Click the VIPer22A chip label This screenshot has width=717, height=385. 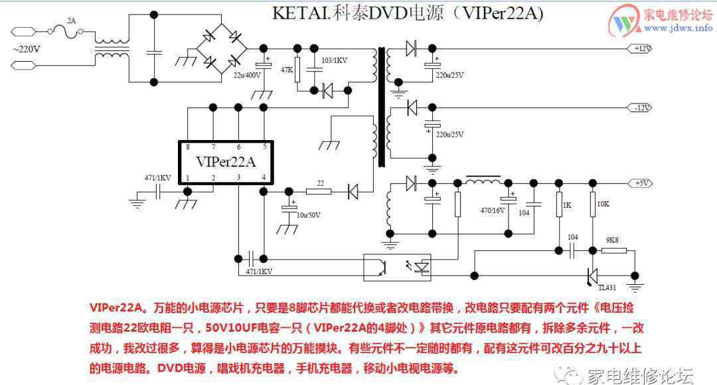tap(226, 161)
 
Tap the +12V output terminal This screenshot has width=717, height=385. tap(641, 48)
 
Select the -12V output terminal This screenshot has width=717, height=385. tap(641, 108)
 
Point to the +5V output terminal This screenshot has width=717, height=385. tap(641, 183)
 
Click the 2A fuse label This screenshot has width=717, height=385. tap(72, 21)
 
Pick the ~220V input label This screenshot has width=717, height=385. tap(27, 48)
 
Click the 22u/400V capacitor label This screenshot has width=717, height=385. tap(248, 75)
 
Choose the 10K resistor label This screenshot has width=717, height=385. tap(603, 204)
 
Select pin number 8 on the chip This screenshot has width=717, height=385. tap(188, 147)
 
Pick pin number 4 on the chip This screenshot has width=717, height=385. tap(264, 177)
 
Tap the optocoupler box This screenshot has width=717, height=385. tap(397, 267)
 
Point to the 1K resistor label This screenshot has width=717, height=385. tap(566, 205)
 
